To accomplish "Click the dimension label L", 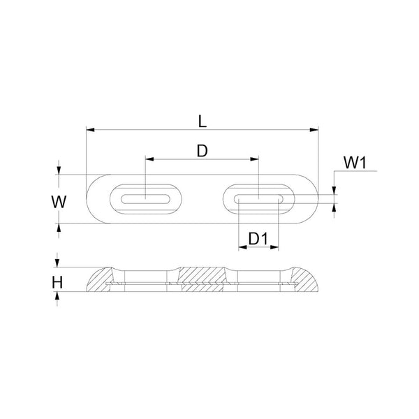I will pyautogui.click(x=203, y=120).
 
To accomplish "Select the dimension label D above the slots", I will pyautogui.click(x=202, y=150).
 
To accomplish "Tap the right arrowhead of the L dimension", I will pyautogui.click(x=315, y=129).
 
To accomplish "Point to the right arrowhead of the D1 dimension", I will pyautogui.click(x=276, y=247).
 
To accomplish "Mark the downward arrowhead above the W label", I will pyautogui.click(x=59, y=170).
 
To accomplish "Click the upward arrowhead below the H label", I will pyautogui.click(x=59, y=296).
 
